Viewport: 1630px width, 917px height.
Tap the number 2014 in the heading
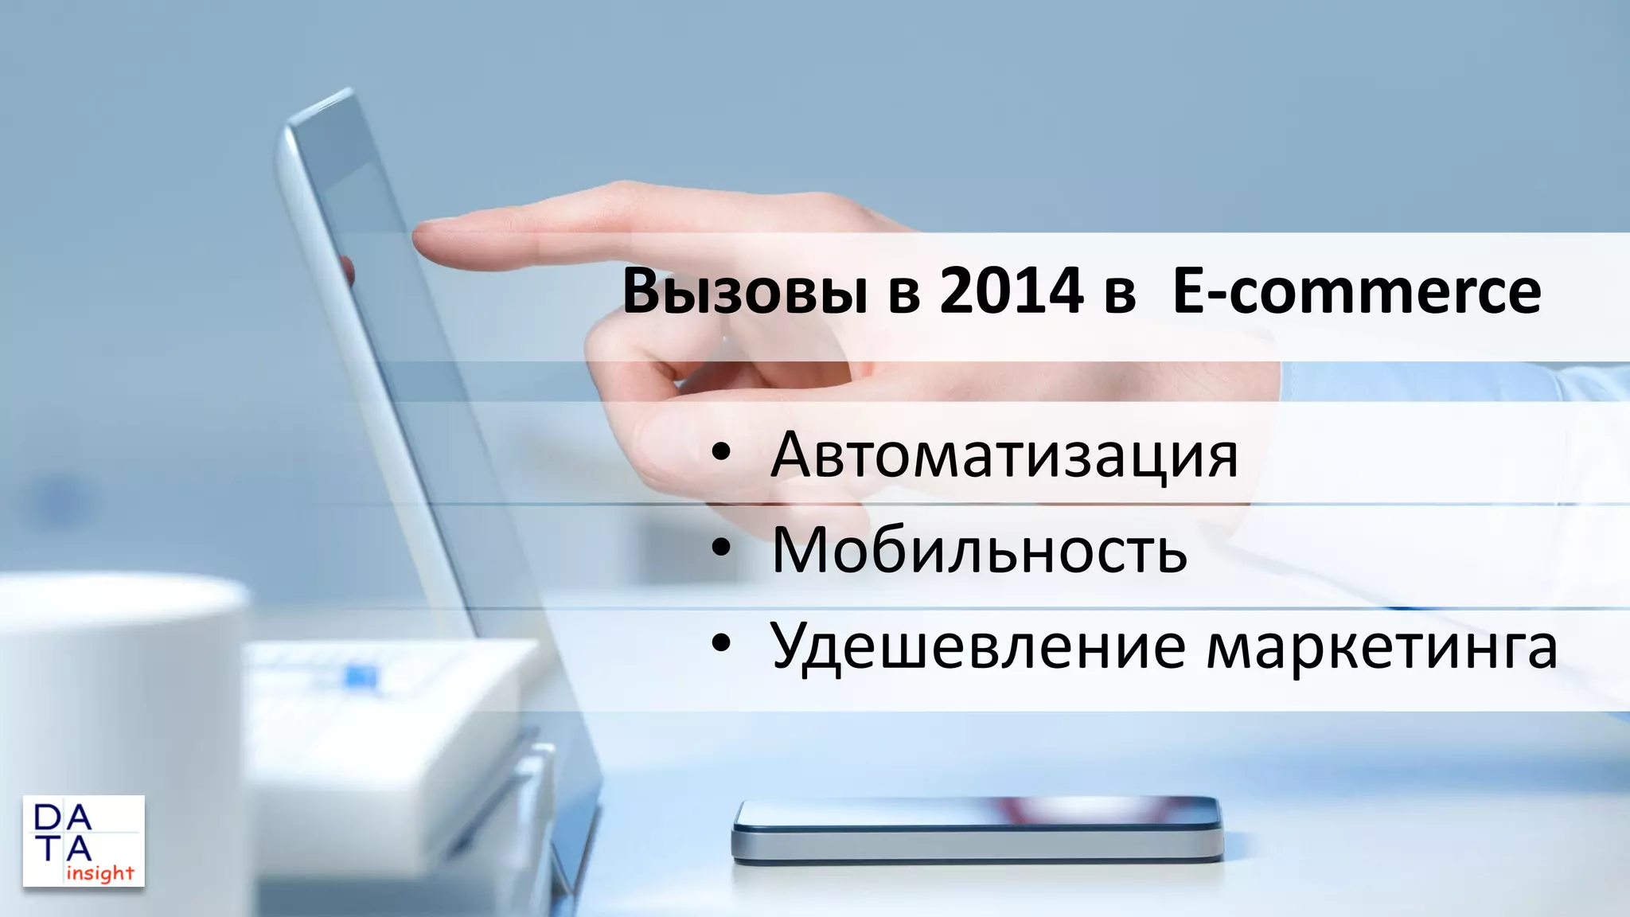(1011, 291)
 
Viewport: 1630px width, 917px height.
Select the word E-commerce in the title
(1356, 291)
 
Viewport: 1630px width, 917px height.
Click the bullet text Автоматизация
(1004, 455)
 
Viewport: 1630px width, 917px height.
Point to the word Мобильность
(979, 549)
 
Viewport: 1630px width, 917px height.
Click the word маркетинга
(1382, 646)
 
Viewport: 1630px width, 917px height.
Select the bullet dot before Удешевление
(721, 644)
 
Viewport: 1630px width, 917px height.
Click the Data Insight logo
(84, 841)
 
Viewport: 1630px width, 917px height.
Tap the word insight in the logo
(99, 873)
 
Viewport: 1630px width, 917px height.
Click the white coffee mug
(119, 716)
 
